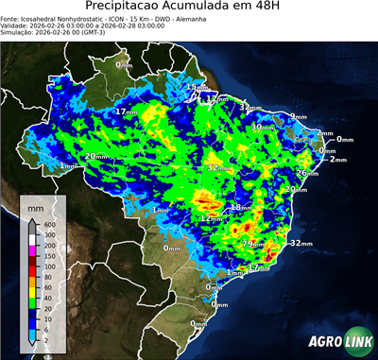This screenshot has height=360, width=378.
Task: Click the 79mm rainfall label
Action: pos(253,244)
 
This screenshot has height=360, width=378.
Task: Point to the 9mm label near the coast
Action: pos(299,116)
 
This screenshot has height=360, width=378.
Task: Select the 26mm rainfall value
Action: pos(306,173)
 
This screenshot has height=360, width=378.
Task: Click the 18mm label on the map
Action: pos(242,207)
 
